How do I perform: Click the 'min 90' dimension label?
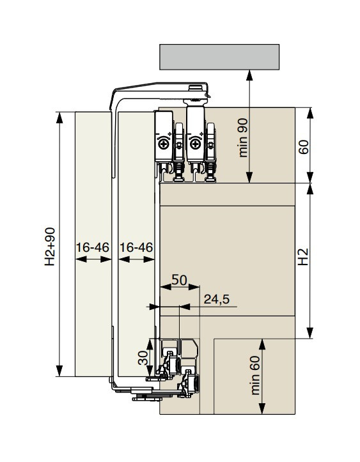pyautogui.click(x=243, y=137)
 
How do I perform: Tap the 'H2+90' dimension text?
pyautogui.click(x=49, y=246)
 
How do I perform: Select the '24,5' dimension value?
pyautogui.click(x=216, y=299)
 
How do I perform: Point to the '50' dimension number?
pyautogui.click(x=179, y=280)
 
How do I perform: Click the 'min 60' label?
pyautogui.click(x=255, y=375)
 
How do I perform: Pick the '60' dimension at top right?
pyautogui.click(x=303, y=147)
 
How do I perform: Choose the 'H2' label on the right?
pyautogui.click(x=303, y=257)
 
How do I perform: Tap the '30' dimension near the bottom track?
pyautogui.click(x=143, y=357)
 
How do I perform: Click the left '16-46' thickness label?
pyautogui.click(x=93, y=247)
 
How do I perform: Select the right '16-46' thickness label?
pyautogui.click(x=136, y=247)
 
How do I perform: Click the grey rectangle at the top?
pyautogui.click(x=219, y=57)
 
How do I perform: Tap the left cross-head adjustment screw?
pyautogui.click(x=163, y=144)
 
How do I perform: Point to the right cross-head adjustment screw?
pyautogui.click(x=195, y=144)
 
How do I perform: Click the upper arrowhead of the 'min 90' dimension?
pyautogui.click(x=249, y=75)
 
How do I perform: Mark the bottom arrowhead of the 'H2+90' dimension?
pyautogui.click(x=59, y=371)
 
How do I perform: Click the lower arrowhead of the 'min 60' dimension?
pyautogui.click(x=262, y=409)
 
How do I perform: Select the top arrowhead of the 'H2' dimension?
pyautogui.click(x=309, y=189)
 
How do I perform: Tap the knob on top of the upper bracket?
pyautogui.click(x=194, y=88)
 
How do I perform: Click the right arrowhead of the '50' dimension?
pyautogui.click(x=194, y=287)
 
